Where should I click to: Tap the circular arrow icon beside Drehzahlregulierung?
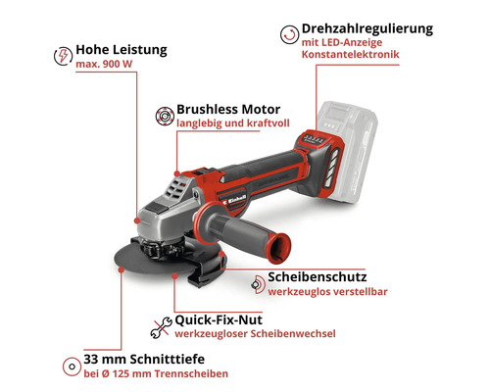[287, 36]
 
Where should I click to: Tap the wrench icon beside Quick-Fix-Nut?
[157, 326]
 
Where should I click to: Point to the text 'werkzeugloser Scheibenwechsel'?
[254, 335]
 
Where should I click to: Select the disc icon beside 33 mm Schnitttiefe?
[69, 366]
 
